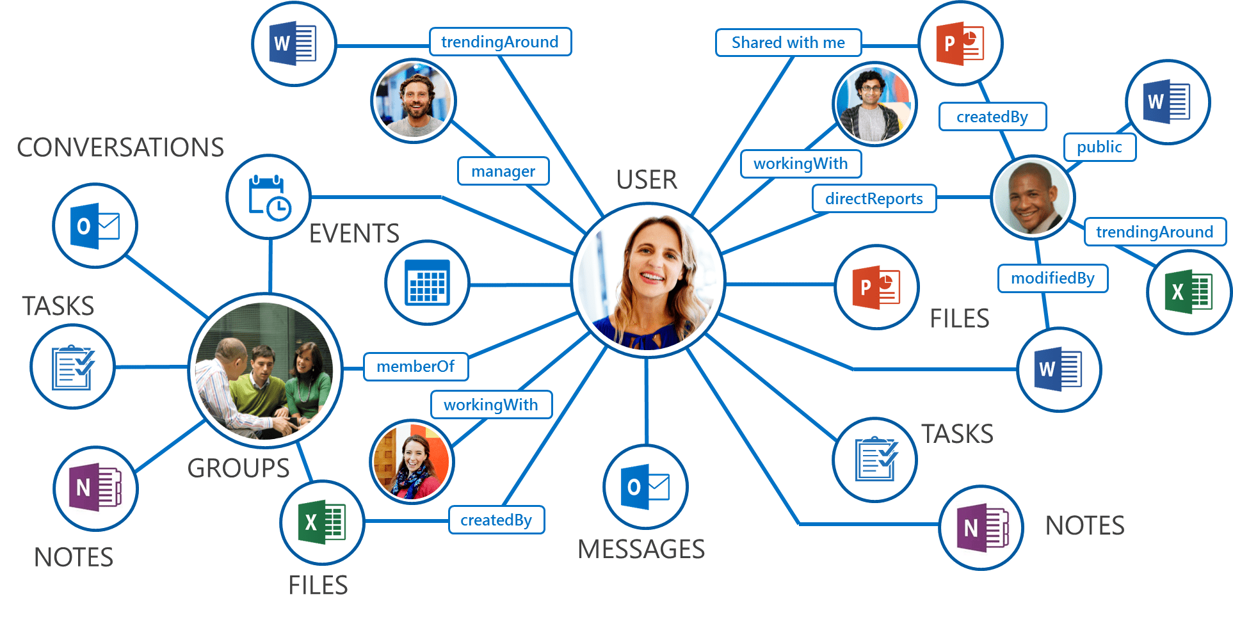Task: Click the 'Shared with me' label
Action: (788, 43)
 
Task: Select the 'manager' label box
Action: (503, 172)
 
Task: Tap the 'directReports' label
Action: (874, 199)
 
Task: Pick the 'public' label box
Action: (1099, 147)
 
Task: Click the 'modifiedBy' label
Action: (1052, 278)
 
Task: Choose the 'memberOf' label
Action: (415, 367)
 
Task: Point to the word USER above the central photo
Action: (647, 180)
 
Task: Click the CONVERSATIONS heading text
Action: (120, 148)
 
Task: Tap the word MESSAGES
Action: (641, 549)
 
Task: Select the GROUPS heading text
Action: (238, 469)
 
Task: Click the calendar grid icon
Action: (427, 283)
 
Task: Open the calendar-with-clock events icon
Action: (269, 197)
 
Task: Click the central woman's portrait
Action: (648, 280)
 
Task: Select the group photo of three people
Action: (265, 371)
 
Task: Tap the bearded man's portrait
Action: (414, 101)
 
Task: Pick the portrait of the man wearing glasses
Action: (874, 104)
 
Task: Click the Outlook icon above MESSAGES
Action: (645, 487)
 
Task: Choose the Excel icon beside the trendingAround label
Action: (1188, 292)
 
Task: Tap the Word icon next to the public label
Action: (1168, 102)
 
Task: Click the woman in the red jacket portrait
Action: (412, 461)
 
